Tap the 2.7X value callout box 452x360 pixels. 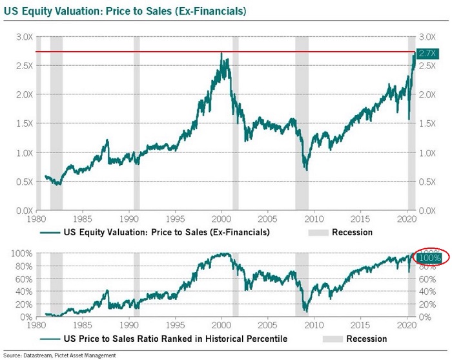tap(427, 53)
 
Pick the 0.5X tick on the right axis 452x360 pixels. tap(427, 182)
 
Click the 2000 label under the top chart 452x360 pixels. tap(221, 218)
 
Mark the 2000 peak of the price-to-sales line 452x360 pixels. tap(221, 54)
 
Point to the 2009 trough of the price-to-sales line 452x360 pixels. tap(306, 170)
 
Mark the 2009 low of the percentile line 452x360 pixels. tap(305, 311)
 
